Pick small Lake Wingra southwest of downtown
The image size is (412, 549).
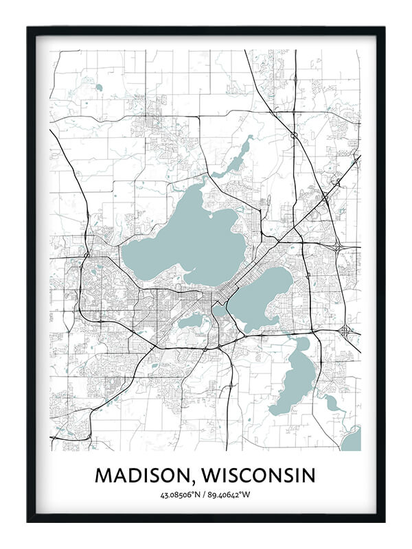(191, 320)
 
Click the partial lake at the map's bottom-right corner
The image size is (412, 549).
(352, 439)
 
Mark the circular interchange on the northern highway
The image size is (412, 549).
(294, 135)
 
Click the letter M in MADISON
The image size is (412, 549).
(103, 475)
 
